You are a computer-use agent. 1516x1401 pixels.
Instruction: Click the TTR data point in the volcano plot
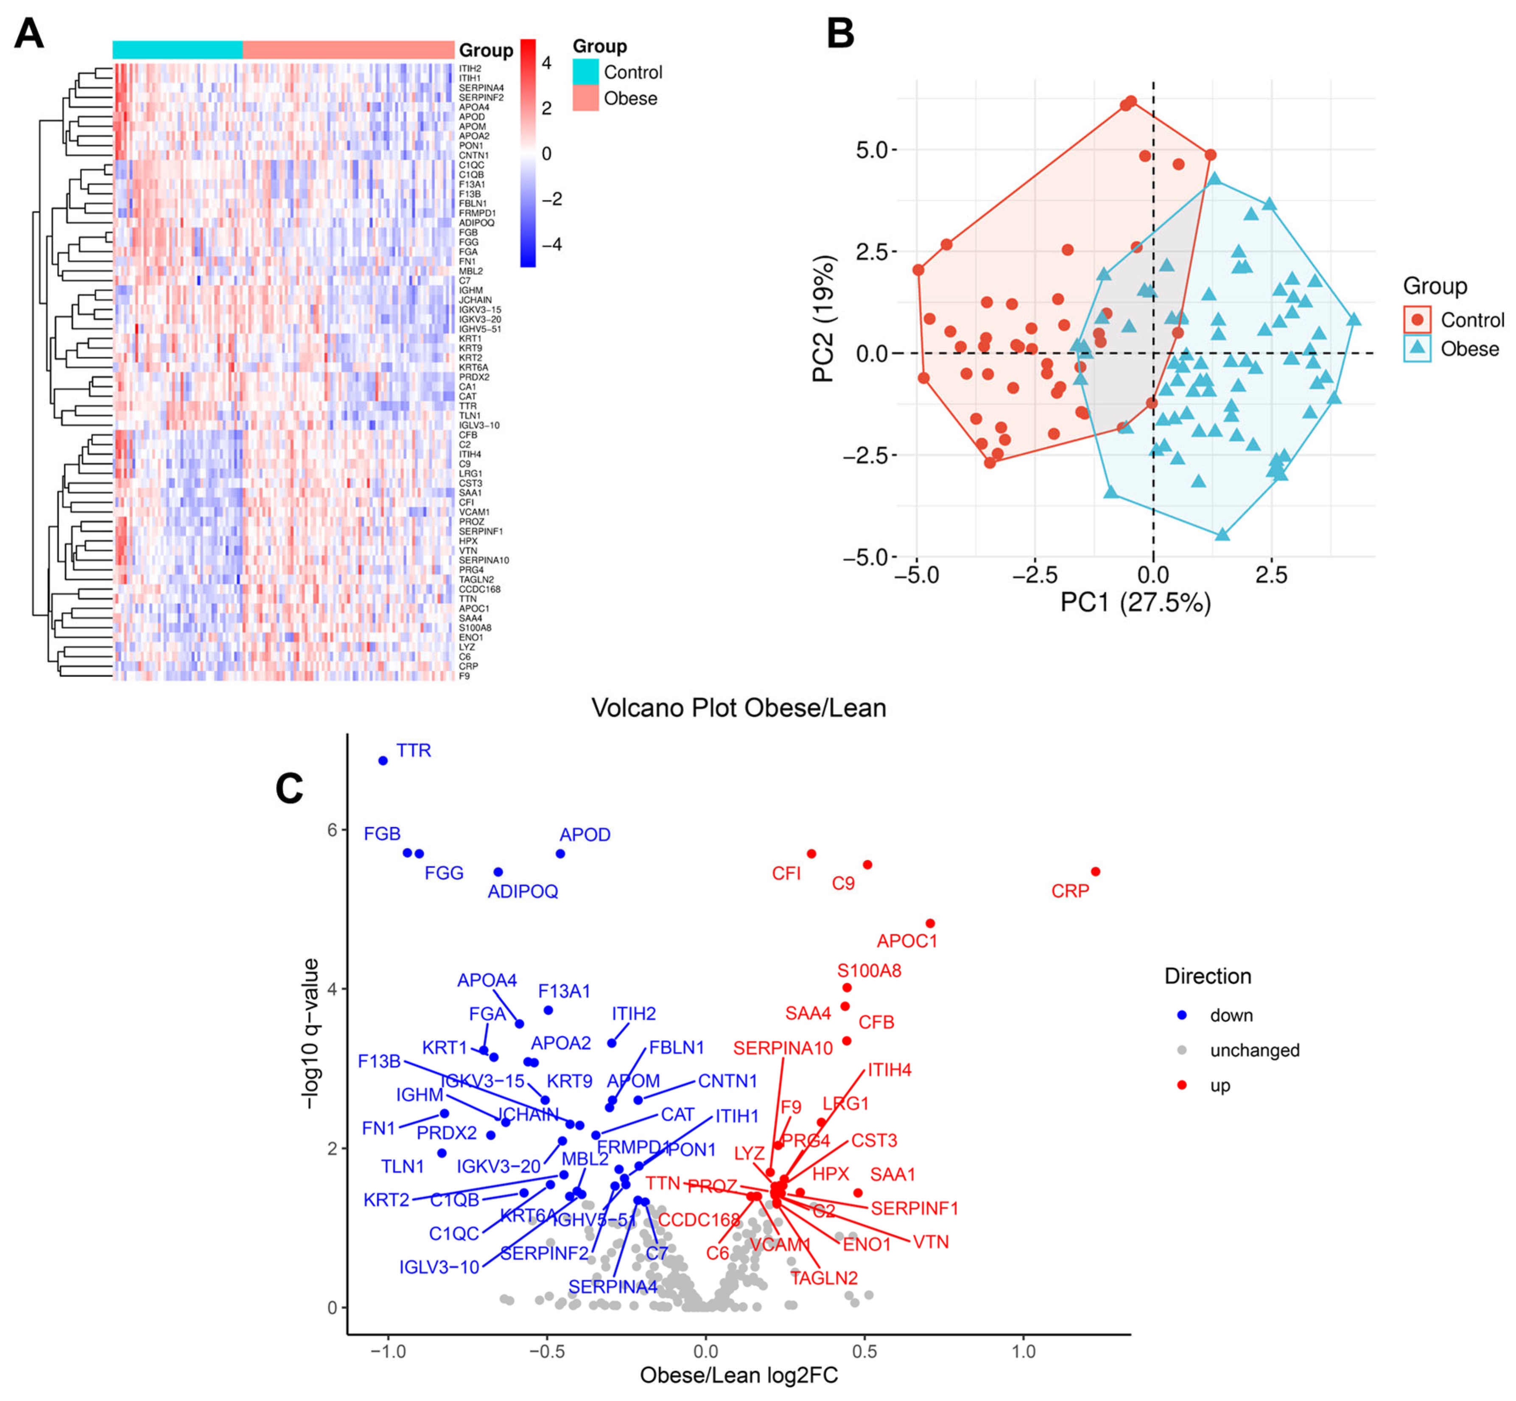point(383,760)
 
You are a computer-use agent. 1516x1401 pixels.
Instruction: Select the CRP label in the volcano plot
point(1069,891)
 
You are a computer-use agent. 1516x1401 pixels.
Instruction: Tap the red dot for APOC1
point(930,923)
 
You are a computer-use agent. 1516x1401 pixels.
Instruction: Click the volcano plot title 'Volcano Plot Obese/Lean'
point(738,708)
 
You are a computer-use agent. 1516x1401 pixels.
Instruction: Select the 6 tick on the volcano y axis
point(332,830)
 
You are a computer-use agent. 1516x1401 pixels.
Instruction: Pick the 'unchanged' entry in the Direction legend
point(1254,1050)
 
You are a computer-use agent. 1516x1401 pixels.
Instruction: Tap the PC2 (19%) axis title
point(824,318)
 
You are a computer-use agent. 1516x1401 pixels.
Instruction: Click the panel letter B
point(840,34)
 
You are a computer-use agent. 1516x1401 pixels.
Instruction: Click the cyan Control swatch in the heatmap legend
point(585,72)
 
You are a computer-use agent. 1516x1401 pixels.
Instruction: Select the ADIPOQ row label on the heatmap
point(476,223)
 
